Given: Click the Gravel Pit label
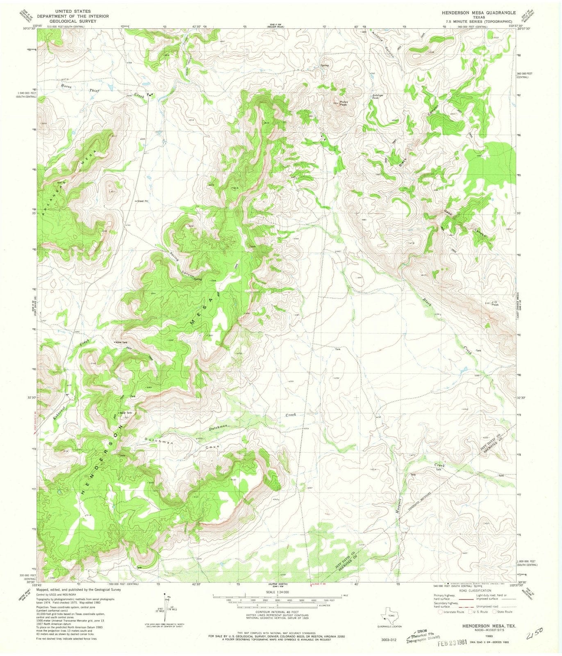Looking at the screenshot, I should [141, 201].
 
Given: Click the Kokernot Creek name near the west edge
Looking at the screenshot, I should [59, 408].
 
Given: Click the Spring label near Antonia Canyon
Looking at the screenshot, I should [325, 66].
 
